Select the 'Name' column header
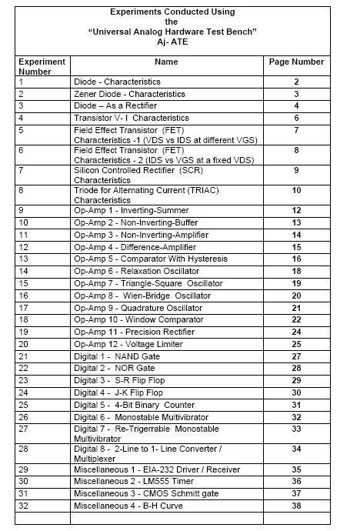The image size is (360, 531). click(165, 61)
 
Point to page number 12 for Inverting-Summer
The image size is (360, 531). click(296, 210)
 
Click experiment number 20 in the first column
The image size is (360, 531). click(24, 344)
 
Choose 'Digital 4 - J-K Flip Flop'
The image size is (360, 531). click(118, 392)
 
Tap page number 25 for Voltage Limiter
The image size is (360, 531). click(296, 344)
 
